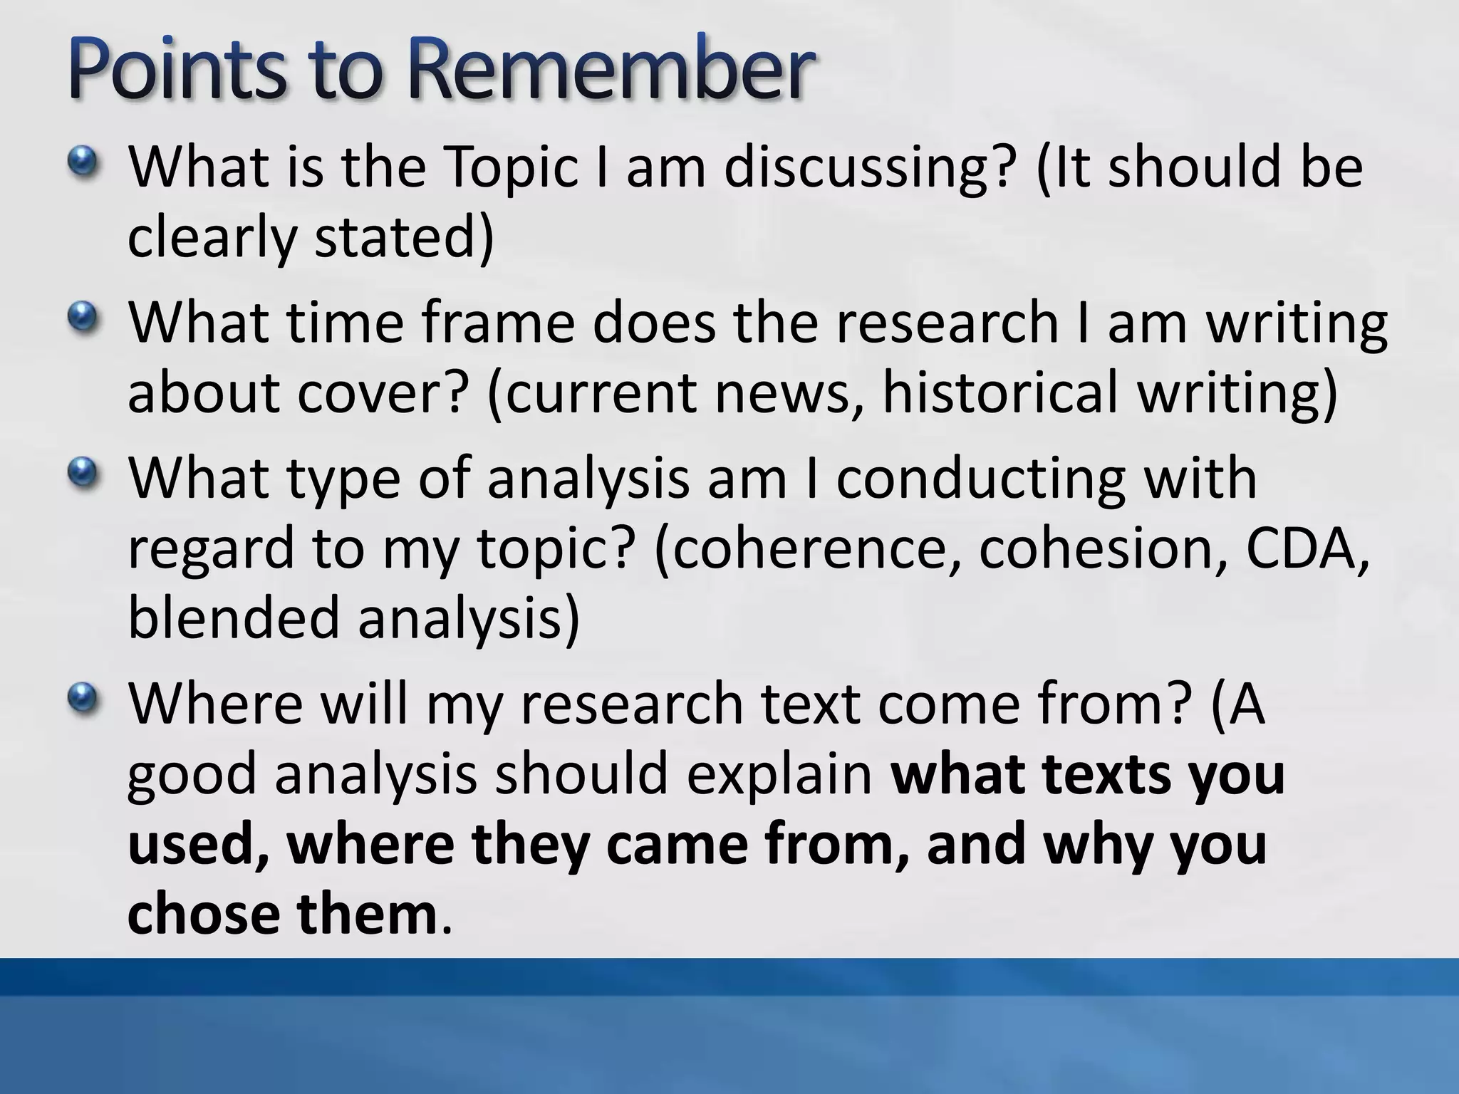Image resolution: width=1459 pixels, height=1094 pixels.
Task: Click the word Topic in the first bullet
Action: click(x=509, y=168)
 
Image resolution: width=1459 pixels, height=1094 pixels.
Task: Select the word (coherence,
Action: click(x=809, y=549)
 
